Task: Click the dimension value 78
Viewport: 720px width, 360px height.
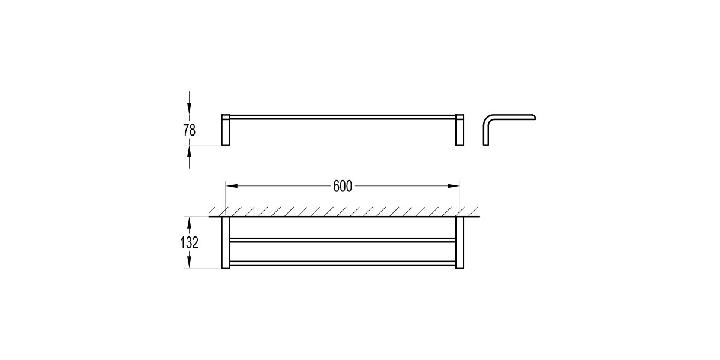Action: click(190, 130)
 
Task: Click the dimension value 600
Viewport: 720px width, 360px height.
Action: click(343, 187)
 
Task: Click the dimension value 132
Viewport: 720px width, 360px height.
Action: click(190, 242)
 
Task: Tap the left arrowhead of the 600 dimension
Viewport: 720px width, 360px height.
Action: click(232, 186)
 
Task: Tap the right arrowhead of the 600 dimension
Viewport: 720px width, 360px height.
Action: click(454, 186)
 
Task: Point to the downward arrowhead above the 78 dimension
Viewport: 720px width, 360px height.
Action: click(190, 109)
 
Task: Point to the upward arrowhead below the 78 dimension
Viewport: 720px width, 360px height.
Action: click(190, 151)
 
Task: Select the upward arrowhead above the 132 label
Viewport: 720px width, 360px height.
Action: click(190, 223)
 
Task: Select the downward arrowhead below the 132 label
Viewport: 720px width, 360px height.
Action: click(190, 262)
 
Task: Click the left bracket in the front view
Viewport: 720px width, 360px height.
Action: click(226, 130)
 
